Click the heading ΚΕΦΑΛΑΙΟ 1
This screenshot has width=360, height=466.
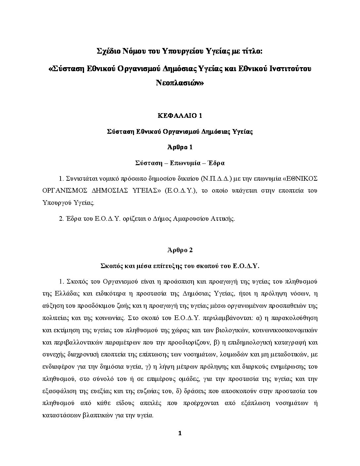click(x=180, y=116)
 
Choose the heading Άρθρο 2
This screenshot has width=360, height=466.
click(x=180, y=250)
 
